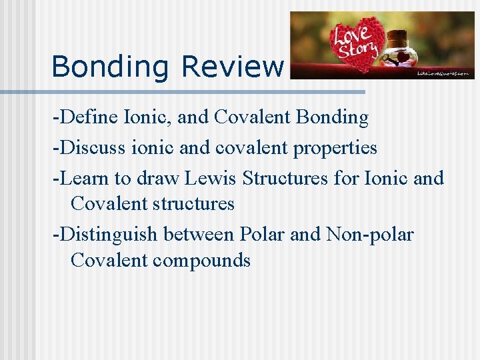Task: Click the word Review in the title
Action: pos(232,67)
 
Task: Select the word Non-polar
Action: pos(370,235)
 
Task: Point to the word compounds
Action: pos(201,260)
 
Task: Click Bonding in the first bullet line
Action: pos(332,118)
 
